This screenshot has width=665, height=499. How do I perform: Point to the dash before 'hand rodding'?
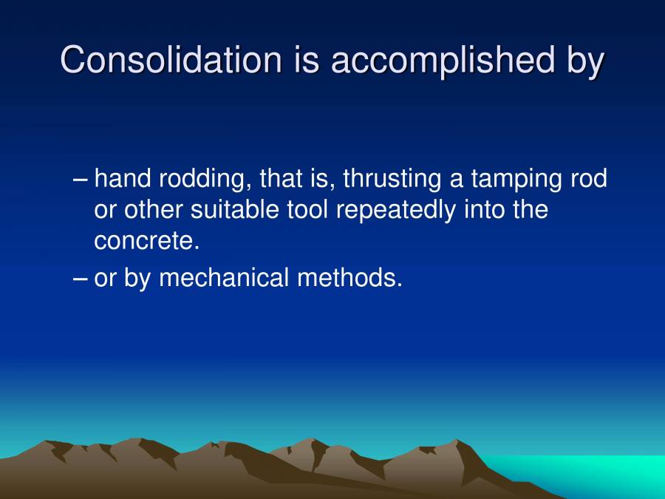pos(82,180)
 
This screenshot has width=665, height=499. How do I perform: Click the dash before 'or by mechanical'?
pos(82,279)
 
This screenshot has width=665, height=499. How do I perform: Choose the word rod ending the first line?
pos(587,179)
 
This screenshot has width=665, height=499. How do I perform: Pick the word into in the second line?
pos(485,210)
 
